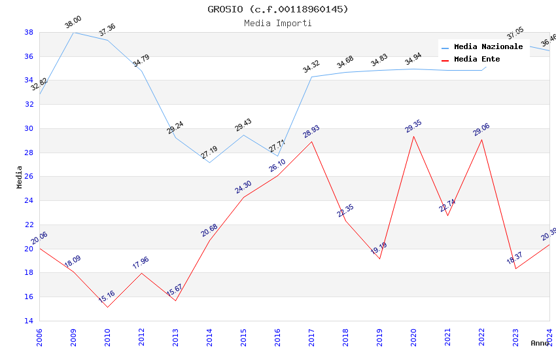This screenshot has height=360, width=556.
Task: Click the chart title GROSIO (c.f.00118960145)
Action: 278,9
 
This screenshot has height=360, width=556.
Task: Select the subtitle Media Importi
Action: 278,23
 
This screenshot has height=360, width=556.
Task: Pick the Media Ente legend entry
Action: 477,60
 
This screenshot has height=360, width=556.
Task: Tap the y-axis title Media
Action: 20,176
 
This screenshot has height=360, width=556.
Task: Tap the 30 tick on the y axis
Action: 29,128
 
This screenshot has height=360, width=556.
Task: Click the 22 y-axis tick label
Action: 29,225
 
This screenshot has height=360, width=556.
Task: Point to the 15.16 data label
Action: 107,297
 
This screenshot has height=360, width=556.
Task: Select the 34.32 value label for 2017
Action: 311,67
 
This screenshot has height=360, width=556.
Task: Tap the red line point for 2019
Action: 379,259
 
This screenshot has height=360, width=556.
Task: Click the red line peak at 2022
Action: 481,139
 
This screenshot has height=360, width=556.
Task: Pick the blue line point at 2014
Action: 209,162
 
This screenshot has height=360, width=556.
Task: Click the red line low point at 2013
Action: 175,300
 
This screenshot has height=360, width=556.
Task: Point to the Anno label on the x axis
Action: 540,343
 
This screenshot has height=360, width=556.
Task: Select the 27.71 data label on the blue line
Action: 277,147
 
